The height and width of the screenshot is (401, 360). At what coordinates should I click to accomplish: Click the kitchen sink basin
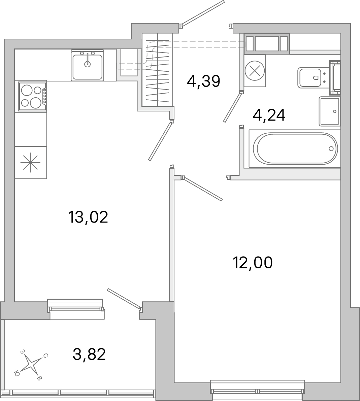coord(87,66)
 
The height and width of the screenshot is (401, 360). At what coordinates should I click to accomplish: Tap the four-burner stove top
coord(31,96)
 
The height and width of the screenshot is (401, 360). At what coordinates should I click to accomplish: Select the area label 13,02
coord(88,217)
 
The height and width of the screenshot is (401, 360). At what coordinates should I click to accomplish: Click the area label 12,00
coord(252,262)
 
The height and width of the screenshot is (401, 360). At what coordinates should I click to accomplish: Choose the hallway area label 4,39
coord(203,81)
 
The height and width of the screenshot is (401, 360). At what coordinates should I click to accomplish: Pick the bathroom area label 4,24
coord(269,115)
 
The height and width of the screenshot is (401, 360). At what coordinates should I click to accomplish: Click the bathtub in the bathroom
coord(297,148)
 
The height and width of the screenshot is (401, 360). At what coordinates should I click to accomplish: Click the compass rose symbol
coord(32,365)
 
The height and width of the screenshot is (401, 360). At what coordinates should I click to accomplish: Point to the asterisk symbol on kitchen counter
coord(30,163)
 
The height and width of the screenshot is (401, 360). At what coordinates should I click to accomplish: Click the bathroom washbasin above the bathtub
coord(330,111)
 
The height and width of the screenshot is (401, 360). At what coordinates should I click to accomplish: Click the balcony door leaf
coord(123,298)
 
